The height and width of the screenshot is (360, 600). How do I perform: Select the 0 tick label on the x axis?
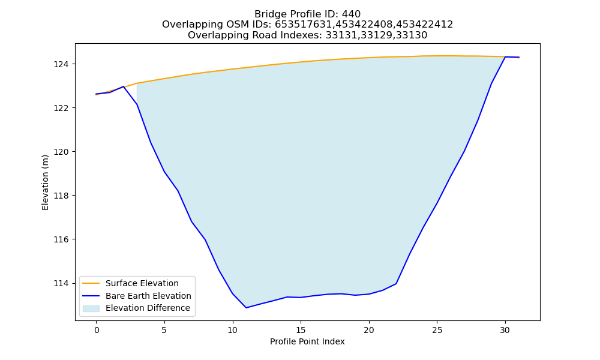pos(97,330)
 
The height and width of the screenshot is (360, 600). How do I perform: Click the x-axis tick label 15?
pos(301,330)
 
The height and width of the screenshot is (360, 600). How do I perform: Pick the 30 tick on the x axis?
pos(505,330)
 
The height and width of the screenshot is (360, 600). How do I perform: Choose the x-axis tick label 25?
pos(437,330)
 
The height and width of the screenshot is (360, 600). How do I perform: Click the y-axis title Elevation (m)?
pos(45,182)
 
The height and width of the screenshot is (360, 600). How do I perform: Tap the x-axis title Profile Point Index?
pos(307,341)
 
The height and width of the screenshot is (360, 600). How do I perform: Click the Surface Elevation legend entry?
pos(142,283)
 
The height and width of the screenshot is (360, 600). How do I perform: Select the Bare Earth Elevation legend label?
pos(148,296)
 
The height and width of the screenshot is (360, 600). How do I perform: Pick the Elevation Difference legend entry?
pos(148,308)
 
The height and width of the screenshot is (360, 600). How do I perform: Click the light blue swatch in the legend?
pos(91,308)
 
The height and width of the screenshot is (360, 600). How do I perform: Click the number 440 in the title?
pos(351,14)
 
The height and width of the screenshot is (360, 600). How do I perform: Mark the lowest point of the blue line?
pos(246,308)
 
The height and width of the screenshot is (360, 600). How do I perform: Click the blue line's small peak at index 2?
pos(123,86)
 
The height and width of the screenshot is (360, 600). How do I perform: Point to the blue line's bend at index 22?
pos(396,283)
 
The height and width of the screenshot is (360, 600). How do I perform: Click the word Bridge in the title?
pos(268,14)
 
